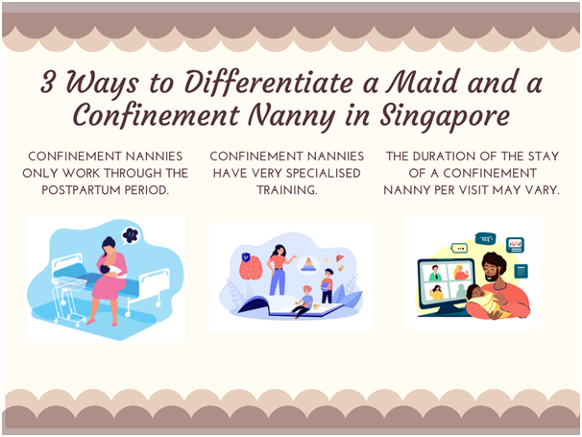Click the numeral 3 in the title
[48, 82]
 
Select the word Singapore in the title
[445, 116]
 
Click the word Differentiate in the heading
[268, 82]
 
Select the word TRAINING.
[287, 190]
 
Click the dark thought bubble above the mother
[131, 235]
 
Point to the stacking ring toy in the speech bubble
[308, 264]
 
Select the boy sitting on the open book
[303, 302]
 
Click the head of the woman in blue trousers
[279, 251]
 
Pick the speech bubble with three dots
[459, 248]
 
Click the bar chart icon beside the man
[515, 244]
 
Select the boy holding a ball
[327, 285]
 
